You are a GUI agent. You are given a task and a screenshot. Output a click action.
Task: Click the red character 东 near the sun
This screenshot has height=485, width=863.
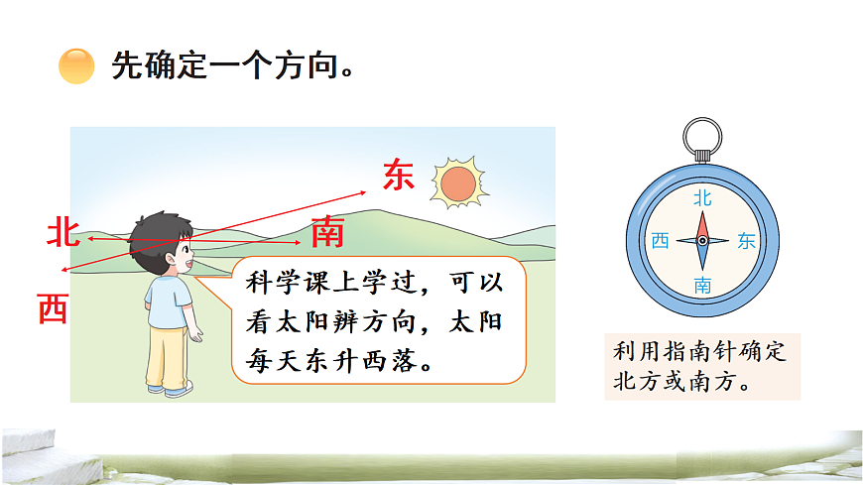click(398, 175)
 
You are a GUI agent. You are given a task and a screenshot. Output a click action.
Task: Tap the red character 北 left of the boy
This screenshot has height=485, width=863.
click(63, 233)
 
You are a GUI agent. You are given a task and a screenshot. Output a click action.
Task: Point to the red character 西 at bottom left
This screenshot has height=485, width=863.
click(53, 309)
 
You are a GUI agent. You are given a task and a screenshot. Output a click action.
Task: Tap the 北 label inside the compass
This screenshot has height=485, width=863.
click(702, 198)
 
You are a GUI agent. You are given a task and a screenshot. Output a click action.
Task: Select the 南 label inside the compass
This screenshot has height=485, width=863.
click(702, 286)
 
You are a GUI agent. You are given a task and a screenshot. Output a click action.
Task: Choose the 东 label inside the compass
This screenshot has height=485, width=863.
click(746, 241)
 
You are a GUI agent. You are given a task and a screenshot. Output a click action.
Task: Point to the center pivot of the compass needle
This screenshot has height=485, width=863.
click(702, 241)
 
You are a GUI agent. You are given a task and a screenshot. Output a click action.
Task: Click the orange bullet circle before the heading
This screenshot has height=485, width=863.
click(76, 66)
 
